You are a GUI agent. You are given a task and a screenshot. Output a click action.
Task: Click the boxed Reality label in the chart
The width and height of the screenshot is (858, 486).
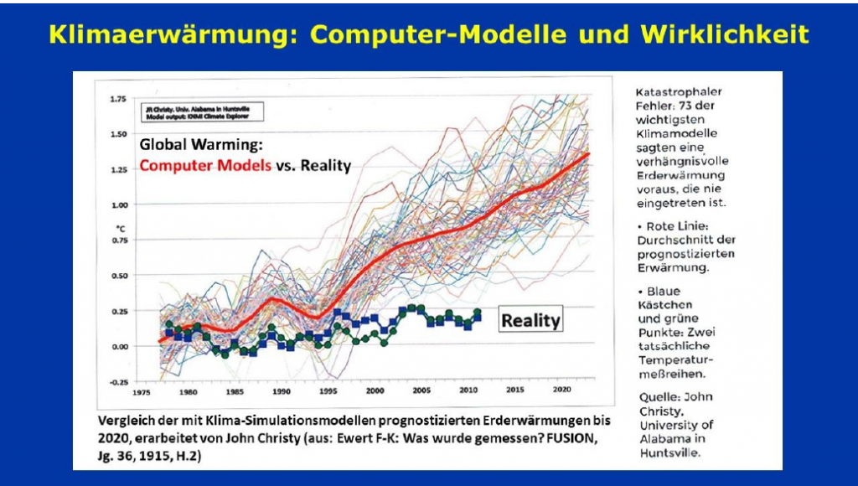click(x=530, y=319)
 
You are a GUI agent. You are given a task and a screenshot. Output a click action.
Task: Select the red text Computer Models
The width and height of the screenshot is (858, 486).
click(x=205, y=165)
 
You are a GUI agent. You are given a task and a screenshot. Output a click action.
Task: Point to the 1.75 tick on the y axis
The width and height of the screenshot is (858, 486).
click(x=117, y=99)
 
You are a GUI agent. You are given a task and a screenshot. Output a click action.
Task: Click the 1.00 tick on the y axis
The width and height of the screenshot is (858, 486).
click(x=117, y=204)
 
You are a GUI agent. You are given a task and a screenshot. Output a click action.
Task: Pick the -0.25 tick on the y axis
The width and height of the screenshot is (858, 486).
click(x=116, y=382)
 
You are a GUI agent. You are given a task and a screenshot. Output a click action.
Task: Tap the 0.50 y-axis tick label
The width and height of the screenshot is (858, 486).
click(x=117, y=275)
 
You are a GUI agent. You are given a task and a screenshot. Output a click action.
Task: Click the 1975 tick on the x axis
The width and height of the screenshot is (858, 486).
click(x=141, y=392)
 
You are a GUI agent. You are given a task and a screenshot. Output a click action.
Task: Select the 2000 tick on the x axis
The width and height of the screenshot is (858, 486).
click(x=374, y=392)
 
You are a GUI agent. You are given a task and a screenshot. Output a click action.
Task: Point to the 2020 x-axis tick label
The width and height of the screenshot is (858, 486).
click(x=561, y=392)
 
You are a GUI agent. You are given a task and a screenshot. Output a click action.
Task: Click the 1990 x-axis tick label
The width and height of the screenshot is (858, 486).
click(x=281, y=392)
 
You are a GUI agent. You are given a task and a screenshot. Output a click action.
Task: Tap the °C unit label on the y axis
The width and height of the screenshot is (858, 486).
click(x=120, y=227)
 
